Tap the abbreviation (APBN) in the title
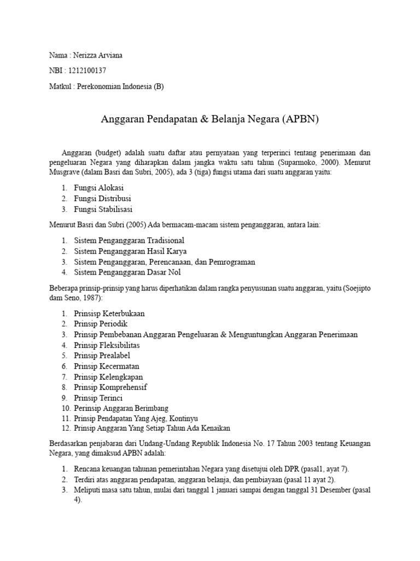(x=300, y=119)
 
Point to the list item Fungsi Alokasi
(x=98, y=187)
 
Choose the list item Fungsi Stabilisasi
(x=103, y=209)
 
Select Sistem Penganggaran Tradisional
(x=129, y=241)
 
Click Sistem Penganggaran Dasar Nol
(x=127, y=272)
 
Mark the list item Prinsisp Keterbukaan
(x=109, y=313)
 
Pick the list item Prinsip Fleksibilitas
(x=107, y=345)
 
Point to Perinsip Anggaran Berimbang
(x=121, y=408)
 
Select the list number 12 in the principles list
(x=65, y=428)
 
